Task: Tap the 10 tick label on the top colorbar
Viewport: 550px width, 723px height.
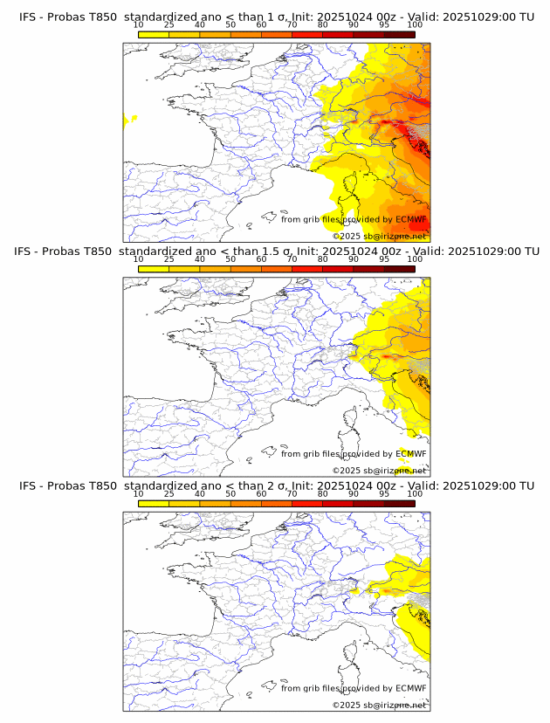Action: click(x=139, y=25)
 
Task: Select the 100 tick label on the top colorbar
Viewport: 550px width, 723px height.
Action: click(x=415, y=25)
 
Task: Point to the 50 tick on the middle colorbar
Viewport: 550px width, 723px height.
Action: click(x=230, y=259)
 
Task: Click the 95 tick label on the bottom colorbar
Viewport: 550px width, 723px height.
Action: click(x=384, y=494)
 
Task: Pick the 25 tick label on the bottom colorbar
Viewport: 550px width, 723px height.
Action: click(x=169, y=494)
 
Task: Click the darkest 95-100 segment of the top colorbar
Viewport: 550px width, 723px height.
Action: click(x=399, y=34)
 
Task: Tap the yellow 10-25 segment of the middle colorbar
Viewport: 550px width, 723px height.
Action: click(x=154, y=269)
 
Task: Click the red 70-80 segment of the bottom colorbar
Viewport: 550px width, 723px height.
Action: click(x=307, y=503)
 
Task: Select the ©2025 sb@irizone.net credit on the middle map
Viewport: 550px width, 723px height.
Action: click(x=380, y=471)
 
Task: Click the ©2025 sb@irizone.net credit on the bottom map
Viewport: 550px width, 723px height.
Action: click(x=380, y=705)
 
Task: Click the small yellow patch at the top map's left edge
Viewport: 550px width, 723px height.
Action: click(x=129, y=118)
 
